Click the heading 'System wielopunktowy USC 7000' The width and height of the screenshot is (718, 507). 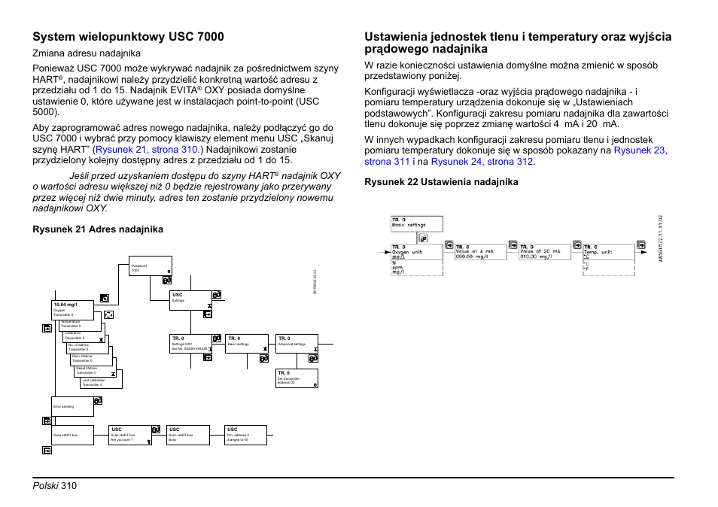[127, 36]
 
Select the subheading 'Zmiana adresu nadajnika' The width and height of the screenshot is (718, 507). [86, 53]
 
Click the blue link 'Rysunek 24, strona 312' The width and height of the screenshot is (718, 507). [482, 162]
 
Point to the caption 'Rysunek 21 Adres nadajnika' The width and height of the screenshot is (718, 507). [97, 229]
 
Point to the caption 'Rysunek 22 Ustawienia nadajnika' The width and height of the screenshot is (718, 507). [441, 182]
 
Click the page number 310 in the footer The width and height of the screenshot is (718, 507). [69, 486]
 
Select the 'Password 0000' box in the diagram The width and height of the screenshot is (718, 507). [151, 269]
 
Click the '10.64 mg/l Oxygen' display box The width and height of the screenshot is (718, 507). [74, 309]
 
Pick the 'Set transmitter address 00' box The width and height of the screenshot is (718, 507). [297, 378]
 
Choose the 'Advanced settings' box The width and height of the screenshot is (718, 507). [297, 343]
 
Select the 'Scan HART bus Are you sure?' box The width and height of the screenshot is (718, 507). [130, 435]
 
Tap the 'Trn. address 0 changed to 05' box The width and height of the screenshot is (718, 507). [245, 435]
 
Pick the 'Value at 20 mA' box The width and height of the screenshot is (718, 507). [543, 252]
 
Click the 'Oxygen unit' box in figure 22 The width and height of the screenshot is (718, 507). [416, 260]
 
